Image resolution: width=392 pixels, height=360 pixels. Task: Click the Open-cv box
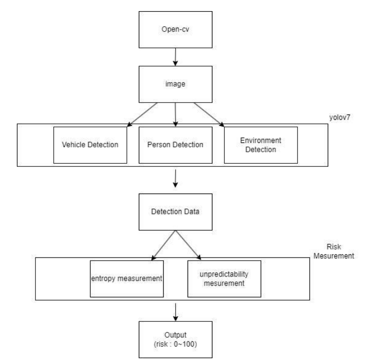176,29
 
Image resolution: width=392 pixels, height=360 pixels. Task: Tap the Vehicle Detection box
94,145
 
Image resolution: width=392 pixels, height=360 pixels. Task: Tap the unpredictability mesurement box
224,278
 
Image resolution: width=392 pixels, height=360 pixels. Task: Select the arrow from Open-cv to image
176,57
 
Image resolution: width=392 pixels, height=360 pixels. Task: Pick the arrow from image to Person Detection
176,115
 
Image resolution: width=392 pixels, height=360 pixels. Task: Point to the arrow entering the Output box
176,313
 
